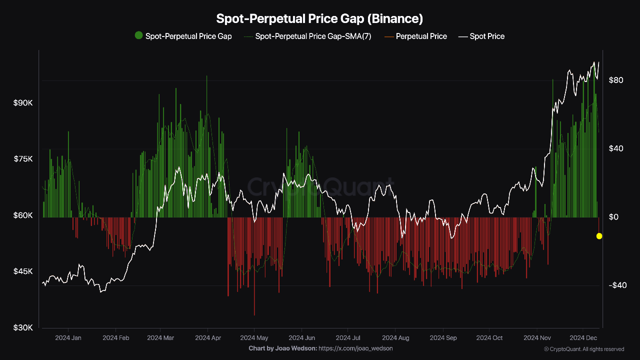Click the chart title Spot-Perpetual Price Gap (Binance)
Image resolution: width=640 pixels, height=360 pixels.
[x=319, y=19]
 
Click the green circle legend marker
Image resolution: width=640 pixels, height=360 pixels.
[x=138, y=35]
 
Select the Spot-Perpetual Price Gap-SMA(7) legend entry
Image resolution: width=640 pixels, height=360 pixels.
[x=313, y=36]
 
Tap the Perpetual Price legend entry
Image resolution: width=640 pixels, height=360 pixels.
[x=421, y=36]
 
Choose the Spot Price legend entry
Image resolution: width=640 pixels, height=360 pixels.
[x=487, y=36]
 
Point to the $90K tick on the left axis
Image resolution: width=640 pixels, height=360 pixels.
[x=23, y=102]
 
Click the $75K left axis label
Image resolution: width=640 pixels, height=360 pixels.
[x=23, y=159]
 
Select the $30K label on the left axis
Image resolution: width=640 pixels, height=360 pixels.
[x=23, y=328]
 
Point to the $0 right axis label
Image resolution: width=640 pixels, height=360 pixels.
[x=613, y=217]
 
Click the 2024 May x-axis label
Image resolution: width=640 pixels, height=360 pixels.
[x=254, y=338]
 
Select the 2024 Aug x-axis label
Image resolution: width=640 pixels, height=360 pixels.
[x=395, y=338]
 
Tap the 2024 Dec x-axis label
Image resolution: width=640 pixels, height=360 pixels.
[x=583, y=338]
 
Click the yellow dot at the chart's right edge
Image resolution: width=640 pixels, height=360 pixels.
[x=599, y=236]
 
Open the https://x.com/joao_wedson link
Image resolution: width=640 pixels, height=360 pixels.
[x=355, y=348]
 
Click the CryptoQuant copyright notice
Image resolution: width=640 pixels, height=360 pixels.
[x=583, y=349]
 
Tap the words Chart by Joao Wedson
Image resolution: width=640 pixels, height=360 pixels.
[x=282, y=348]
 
